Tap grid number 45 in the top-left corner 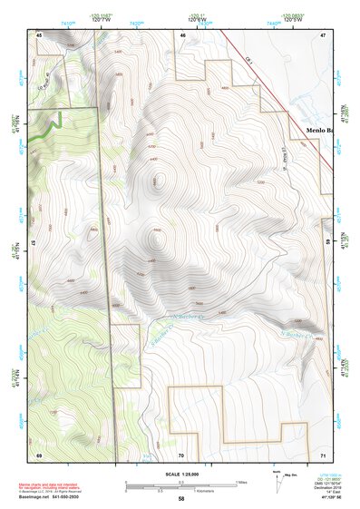pyautogui.click(x=39, y=34)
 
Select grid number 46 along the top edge pyautogui.click(x=182, y=34)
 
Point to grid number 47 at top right pyautogui.click(x=322, y=34)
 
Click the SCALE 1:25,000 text pyautogui.click(x=181, y=473)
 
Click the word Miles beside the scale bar pyautogui.click(x=240, y=482)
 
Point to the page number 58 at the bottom pyautogui.click(x=181, y=499)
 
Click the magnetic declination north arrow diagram pyautogui.click(x=277, y=481)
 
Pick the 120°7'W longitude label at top pyautogui.click(x=102, y=19)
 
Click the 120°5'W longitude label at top pyautogui.click(x=291, y=19)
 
